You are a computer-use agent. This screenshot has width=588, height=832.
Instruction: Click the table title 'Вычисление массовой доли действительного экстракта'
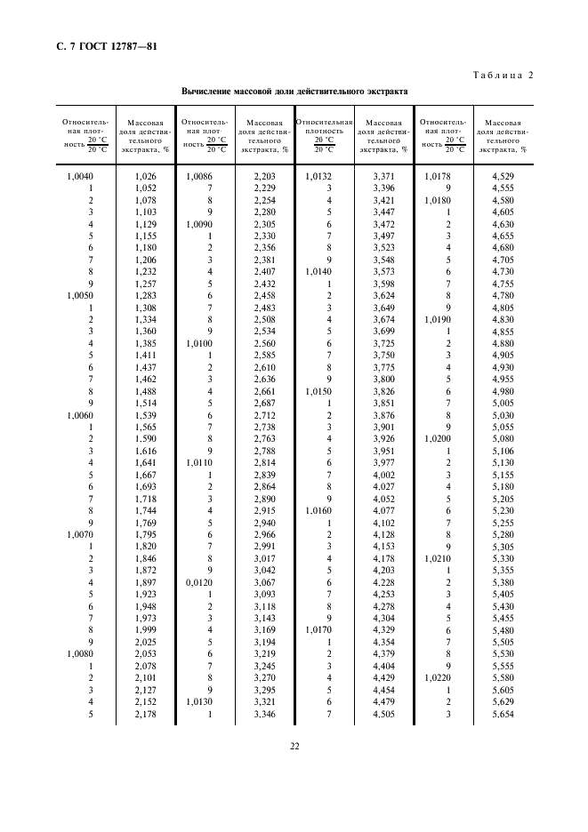click(294, 91)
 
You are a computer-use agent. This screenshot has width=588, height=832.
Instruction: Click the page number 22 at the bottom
click(294, 746)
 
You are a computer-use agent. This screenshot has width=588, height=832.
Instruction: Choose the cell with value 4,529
click(503, 176)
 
